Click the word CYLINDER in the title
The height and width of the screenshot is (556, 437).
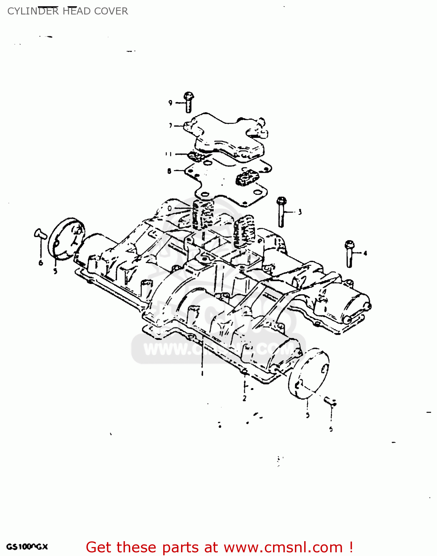point(33,11)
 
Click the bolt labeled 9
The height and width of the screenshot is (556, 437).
point(188,102)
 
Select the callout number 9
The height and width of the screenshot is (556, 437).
point(170,103)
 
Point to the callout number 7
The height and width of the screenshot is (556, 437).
point(171,126)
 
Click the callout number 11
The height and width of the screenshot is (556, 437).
point(168,154)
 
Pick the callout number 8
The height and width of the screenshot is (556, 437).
point(169,171)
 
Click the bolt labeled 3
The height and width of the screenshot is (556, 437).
point(281,212)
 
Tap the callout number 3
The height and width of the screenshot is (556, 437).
point(300,212)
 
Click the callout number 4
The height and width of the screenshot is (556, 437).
point(365,254)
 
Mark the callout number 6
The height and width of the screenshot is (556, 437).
point(40,263)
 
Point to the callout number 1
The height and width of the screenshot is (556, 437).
point(202,373)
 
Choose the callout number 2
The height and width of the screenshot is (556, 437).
point(244,398)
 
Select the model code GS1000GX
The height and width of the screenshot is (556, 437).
point(27,547)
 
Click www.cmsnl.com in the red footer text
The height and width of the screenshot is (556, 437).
point(283,547)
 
